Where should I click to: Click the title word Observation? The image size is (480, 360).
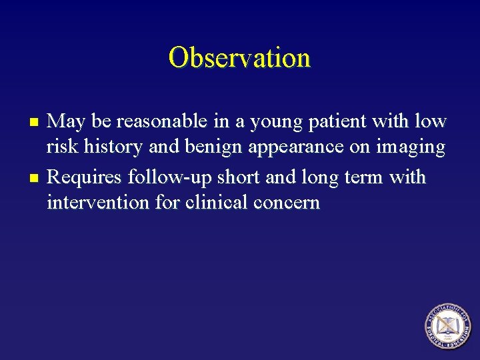[239, 57]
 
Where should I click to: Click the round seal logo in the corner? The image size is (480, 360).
[447, 326]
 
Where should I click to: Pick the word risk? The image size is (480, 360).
[59, 147]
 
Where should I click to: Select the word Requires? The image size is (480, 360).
[85, 178]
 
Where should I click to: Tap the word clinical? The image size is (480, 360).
[213, 202]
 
